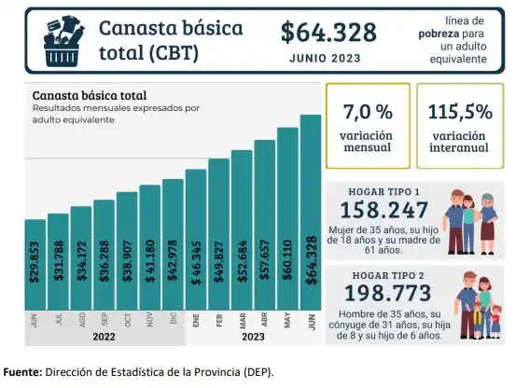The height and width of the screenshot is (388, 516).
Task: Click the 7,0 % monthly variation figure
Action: point(368,112)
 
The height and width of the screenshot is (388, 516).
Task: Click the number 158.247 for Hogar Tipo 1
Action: point(384,211)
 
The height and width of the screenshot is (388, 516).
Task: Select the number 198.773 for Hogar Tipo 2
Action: point(384,296)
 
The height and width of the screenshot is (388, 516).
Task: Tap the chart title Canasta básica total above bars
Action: point(89,95)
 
